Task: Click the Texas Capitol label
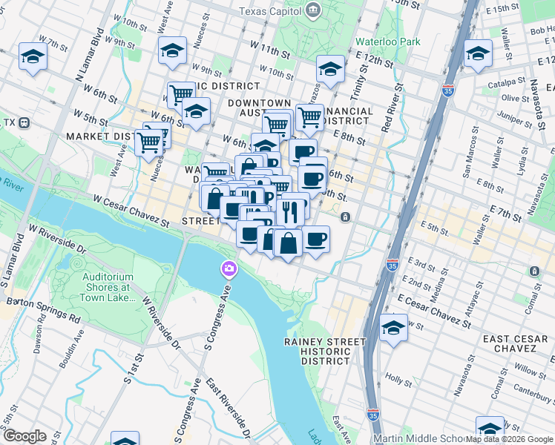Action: pos(271,11)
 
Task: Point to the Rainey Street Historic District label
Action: pos(325,352)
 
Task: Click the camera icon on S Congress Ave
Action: pos(229,268)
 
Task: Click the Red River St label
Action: pos(393,108)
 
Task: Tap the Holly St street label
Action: pos(398,378)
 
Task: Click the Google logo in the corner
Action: pos(24,436)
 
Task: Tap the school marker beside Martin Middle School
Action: pos(490,429)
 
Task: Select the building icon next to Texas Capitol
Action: pos(313,10)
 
